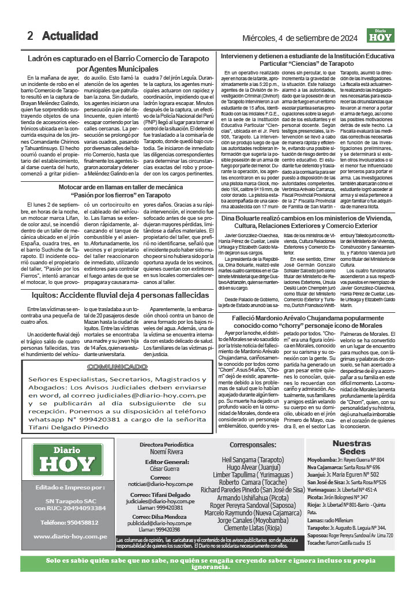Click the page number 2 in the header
tap(30, 36)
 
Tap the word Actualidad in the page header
tap(70, 36)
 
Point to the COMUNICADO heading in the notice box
tap(118, 366)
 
